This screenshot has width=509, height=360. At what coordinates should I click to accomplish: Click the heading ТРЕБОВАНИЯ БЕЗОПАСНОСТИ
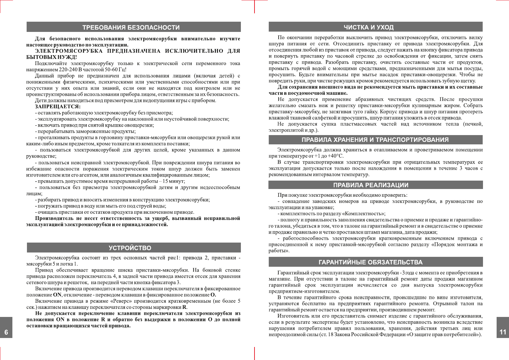[x=131, y=28]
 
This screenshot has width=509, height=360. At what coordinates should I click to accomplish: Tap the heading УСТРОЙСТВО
[x=130, y=248]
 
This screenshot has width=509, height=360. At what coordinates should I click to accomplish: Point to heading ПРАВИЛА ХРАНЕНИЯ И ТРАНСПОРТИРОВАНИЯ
[x=375, y=140]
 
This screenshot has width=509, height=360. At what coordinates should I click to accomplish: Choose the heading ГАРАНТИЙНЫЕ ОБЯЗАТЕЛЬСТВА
[x=370, y=262]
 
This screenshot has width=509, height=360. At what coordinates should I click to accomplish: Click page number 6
[x=6, y=332]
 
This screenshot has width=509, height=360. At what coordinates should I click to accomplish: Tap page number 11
[x=503, y=332]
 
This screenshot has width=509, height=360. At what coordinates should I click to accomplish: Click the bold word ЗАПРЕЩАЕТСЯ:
[x=58, y=107]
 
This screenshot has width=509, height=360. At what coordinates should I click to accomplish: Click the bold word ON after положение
[x=57, y=295]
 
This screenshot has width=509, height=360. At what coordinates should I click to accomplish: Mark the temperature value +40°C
[x=333, y=156]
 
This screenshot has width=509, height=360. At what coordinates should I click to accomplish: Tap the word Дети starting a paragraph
[x=41, y=101]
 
